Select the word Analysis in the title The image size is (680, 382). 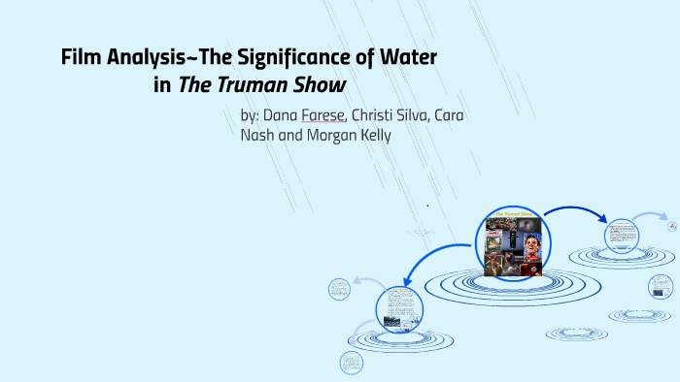[145, 59]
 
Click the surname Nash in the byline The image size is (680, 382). [259, 136]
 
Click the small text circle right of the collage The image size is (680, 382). [621, 234]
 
